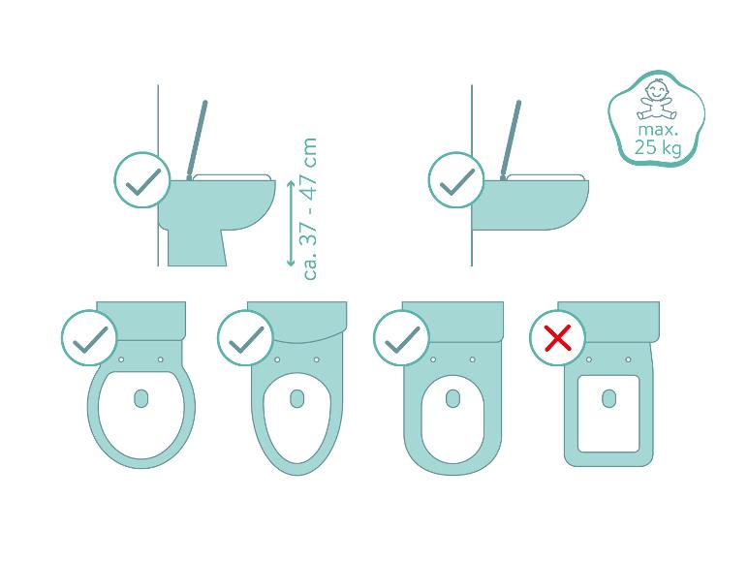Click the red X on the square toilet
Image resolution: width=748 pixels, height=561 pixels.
pos(557,338)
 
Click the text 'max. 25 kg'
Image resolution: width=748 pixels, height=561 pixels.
pos(657,139)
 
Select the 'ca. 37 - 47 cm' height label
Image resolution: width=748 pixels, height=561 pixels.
pos(310,208)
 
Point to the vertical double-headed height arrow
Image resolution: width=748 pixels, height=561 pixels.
pos(291,223)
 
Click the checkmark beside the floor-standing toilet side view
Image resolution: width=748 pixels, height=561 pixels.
pos(142,180)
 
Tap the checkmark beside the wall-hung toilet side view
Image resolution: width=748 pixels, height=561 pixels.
pos(456,180)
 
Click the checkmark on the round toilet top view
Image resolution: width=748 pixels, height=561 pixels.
pos(89,338)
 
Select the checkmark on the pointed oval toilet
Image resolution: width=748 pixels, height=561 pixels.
pos(245,338)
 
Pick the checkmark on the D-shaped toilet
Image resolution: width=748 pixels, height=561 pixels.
pos(401,338)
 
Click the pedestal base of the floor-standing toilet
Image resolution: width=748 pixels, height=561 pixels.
pos(197,248)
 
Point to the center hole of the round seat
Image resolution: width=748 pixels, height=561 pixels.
pos(141,398)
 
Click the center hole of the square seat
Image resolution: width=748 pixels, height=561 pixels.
pos(608,398)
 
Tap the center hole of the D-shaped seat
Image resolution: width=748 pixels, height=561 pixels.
pos(452,398)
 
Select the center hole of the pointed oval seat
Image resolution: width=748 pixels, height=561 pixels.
pos(296,398)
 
